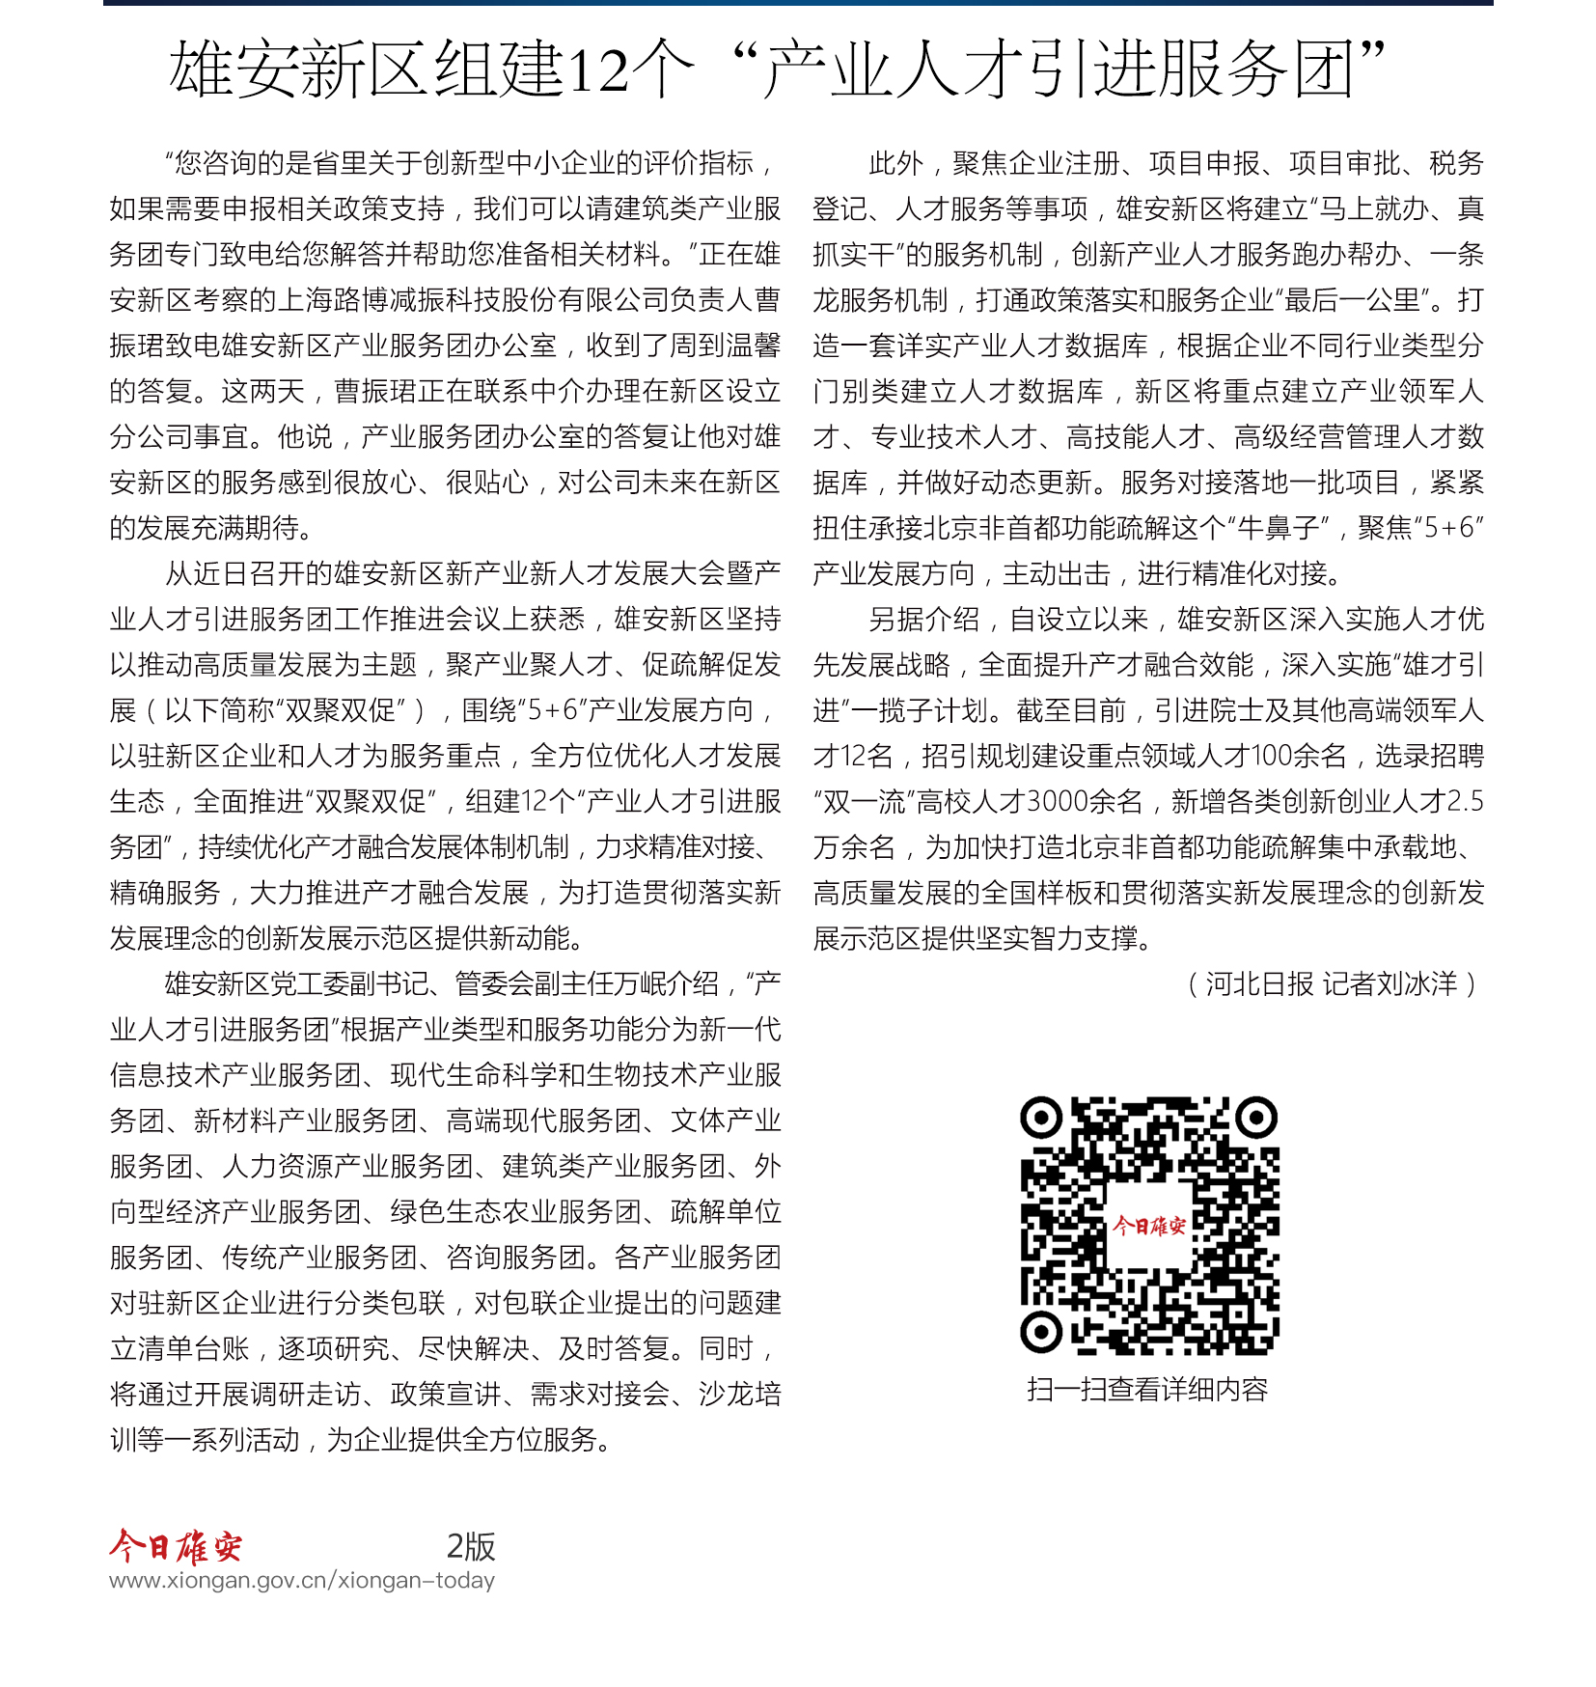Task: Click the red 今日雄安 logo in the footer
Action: point(176,1547)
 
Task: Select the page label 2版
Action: point(471,1547)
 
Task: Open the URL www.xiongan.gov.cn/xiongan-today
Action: point(302,1581)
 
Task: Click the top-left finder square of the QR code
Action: point(1041,1119)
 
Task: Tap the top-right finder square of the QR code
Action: point(1256,1119)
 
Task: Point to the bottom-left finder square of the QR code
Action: point(1041,1333)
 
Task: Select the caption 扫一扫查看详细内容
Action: point(1147,1390)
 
